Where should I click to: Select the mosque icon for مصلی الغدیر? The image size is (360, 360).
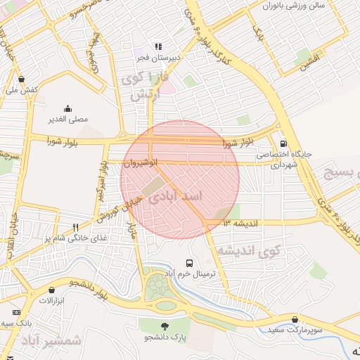click(x=67, y=108)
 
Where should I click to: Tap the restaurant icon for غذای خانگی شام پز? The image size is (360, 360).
click(x=75, y=227)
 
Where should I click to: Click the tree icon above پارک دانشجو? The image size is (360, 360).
click(x=165, y=326)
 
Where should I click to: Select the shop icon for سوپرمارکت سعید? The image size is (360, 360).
click(x=295, y=319)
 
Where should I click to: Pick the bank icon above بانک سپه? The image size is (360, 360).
click(x=17, y=311)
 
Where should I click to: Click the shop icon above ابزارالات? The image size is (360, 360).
click(x=51, y=290)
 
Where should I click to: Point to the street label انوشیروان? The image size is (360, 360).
click(x=137, y=162)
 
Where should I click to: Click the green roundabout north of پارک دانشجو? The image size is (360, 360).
click(x=160, y=288)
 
